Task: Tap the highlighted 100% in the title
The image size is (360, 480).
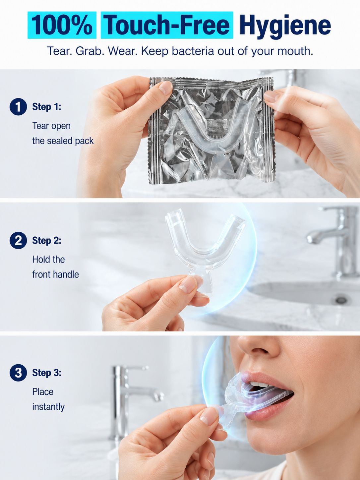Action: coord(62,25)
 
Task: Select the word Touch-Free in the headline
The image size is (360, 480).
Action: coord(167,25)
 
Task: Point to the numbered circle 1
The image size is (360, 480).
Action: coord(18,107)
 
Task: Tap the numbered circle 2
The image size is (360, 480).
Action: coord(18,240)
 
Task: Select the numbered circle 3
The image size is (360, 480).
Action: coord(18,373)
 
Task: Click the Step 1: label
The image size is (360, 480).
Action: coord(47,107)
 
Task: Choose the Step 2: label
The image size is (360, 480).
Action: coord(47,241)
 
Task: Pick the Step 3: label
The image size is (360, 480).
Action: coord(47,373)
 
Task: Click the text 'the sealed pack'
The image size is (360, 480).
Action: coord(63,141)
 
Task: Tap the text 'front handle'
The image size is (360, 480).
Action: coord(55,274)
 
